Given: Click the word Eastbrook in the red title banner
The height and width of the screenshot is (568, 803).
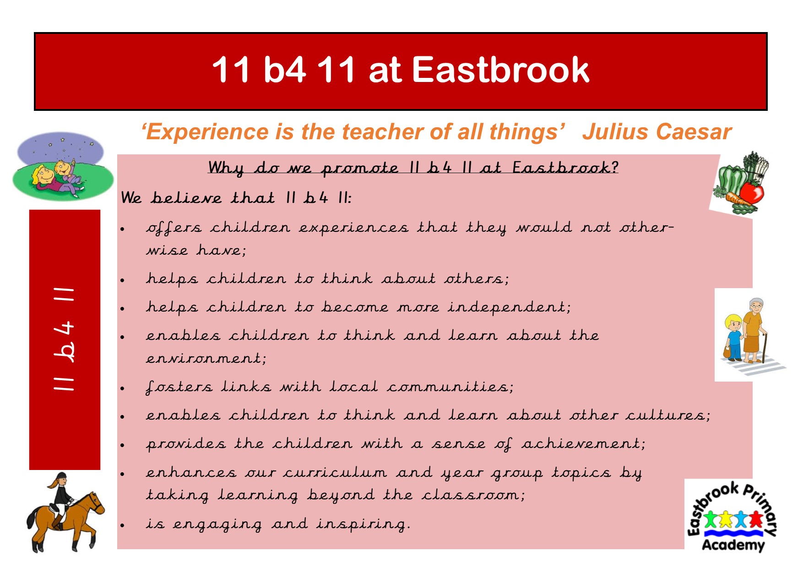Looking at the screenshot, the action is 500,70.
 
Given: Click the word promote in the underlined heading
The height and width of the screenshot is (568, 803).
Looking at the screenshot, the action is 360,168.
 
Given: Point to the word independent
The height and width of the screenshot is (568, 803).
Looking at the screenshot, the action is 509,307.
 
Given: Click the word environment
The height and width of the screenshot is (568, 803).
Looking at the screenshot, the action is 206,358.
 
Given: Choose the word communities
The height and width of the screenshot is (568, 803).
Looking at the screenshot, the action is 450,387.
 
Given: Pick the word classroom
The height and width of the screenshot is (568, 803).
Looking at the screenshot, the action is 473,495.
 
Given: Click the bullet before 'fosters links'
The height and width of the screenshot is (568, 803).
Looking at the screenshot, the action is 123,388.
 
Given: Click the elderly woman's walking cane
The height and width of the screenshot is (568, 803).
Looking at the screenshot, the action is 764,348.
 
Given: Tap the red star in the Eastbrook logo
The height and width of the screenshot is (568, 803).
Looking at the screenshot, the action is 755,519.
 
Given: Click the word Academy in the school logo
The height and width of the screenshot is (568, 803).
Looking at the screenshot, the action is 733,545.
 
